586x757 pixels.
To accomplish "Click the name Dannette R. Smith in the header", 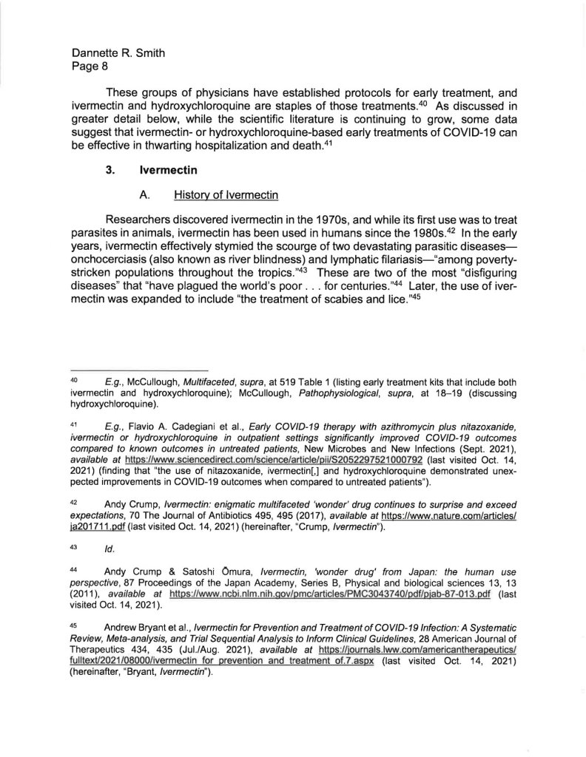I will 117,53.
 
